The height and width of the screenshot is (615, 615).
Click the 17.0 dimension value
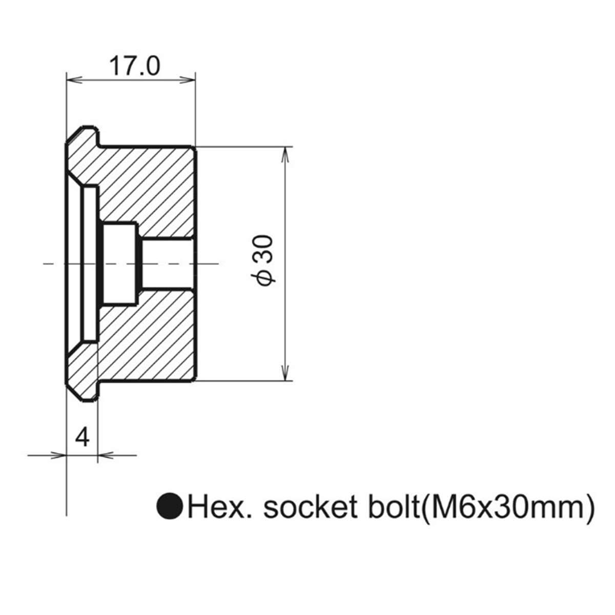(x=134, y=66)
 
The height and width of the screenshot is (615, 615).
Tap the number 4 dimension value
(x=82, y=437)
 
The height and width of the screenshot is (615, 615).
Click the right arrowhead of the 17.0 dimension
(x=188, y=80)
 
